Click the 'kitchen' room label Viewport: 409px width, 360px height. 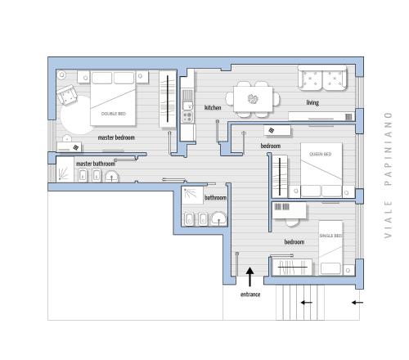coord(213,108)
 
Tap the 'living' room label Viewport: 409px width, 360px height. coord(312,103)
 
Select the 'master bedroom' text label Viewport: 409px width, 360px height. coord(116,137)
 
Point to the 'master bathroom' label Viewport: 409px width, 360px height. coord(96,164)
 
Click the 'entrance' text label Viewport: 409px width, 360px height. coord(250,295)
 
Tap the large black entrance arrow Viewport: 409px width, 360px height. coord(249,277)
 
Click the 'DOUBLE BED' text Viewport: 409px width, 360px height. coord(114,114)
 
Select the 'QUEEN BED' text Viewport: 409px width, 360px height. coord(321,154)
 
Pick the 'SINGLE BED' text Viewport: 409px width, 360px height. coord(331,236)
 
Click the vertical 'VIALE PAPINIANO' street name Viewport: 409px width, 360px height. coord(388,175)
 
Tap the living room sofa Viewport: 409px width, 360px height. coord(322,78)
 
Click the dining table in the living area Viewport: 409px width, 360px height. coord(253,99)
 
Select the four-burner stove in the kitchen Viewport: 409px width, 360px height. coord(187,117)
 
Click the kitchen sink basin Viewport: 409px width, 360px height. coord(187,105)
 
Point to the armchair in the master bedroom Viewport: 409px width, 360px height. coord(67,95)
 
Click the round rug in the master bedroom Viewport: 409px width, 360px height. coord(75,115)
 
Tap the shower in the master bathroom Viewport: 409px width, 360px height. coord(65,169)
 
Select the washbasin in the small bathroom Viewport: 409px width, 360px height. coord(218,219)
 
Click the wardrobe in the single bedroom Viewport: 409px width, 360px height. coord(292,268)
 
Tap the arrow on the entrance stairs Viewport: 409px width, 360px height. coord(307,303)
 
